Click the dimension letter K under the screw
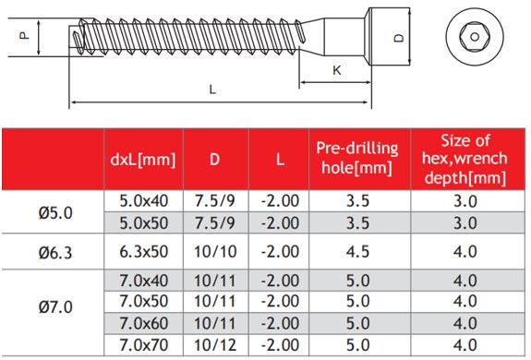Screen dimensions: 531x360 click(x=337, y=70)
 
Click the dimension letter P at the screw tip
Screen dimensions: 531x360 click(x=24, y=35)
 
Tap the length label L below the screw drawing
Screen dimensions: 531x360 click(x=212, y=90)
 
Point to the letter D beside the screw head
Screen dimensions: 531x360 click(x=400, y=37)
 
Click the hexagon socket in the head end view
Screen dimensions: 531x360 click(x=475, y=37)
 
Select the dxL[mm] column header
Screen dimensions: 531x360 click(x=143, y=159)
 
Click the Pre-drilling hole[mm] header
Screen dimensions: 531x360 click(x=357, y=158)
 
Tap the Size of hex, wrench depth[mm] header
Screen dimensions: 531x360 click(x=465, y=159)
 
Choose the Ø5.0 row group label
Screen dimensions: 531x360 click(x=55, y=213)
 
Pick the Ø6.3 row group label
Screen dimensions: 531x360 click(x=55, y=252)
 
